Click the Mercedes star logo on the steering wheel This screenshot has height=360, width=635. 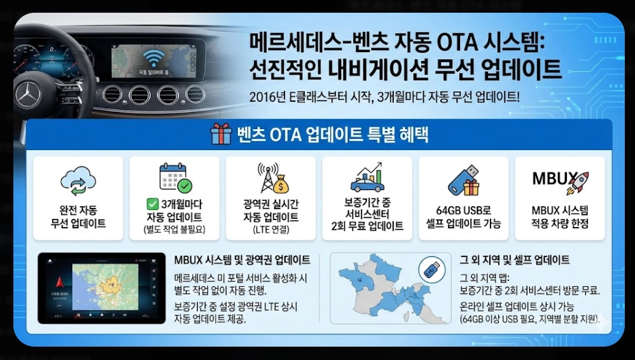(x=27, y=94)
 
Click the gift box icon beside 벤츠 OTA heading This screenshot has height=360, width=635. (x=221, y=135)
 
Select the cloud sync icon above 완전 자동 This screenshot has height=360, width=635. (x=78, y=182)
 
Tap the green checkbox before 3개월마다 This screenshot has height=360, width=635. (x=152, y=204)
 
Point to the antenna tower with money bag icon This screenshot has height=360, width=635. (x=270, y=178)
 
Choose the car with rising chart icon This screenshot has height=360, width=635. (x=366, y=178)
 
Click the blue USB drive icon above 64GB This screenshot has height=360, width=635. (x=463, y=180)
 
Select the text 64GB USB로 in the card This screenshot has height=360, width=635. (x=463, y=211)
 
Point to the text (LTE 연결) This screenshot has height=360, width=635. (x=270, y=229)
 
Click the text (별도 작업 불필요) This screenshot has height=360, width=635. (x=174, y=229)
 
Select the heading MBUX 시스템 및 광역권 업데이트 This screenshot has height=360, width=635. (x=242, y=260)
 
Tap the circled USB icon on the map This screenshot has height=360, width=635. (x=431, y=270)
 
